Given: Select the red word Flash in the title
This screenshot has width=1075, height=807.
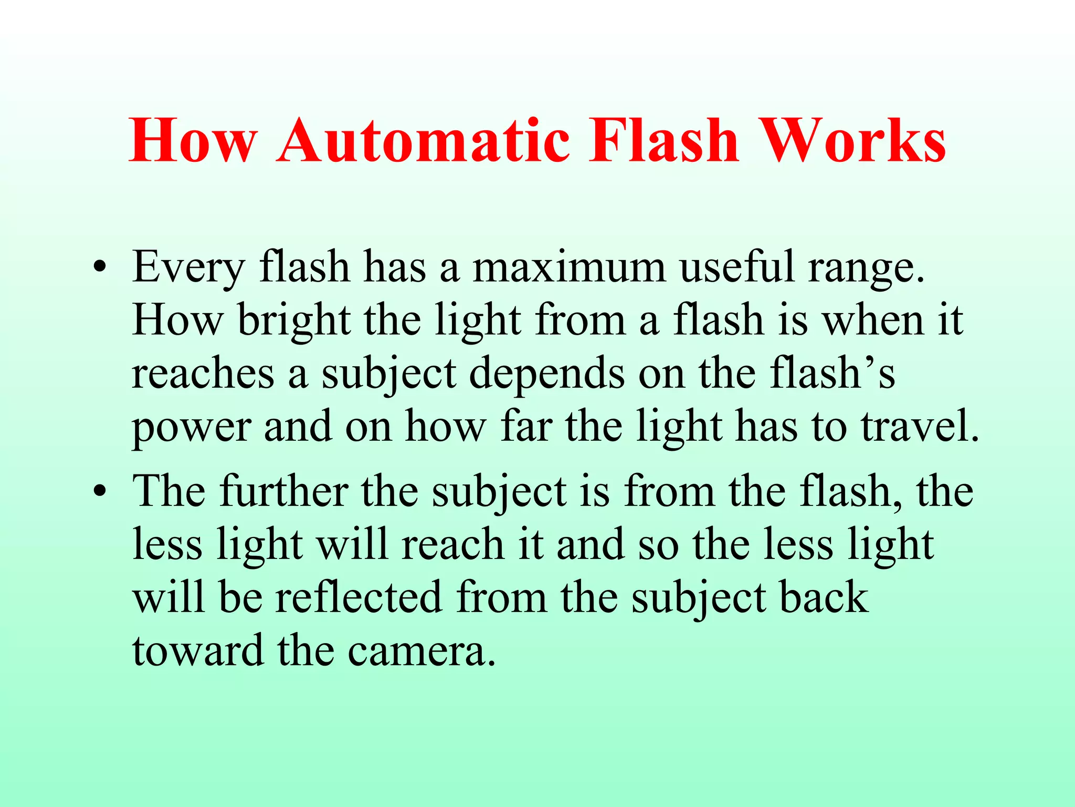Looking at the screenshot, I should (663, 141).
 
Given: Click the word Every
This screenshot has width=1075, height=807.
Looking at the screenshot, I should (188, 268).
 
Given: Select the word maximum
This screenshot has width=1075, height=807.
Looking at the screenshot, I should (570, 268).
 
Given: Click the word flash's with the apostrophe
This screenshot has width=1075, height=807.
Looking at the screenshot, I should (832, 374).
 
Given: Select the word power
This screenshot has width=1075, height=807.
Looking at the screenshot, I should (191, 428).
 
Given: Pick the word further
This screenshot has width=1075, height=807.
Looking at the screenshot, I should (284, 491).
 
